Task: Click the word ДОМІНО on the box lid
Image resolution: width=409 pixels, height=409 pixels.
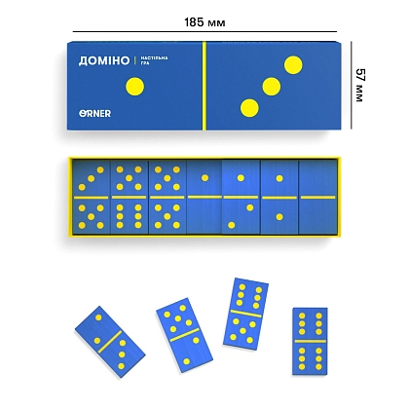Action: tap(104, 60)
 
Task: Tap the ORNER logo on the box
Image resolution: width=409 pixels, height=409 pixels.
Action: tap(94, 114)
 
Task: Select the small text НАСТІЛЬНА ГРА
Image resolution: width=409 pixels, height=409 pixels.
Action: tap(154, 60)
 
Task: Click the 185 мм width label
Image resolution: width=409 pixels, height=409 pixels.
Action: tap(204, 22)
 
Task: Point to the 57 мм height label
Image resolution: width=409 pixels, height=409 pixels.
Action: tap(359, 85)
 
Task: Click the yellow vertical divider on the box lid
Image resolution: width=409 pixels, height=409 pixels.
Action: tap(204, 86)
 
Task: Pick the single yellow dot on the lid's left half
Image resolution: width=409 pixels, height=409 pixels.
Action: tap(134, 87)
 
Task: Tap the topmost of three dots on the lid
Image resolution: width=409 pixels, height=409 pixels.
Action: tap(293, 65)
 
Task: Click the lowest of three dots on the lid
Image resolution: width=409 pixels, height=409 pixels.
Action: tap(249, 108)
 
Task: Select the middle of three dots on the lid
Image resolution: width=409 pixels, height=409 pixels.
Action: tap(272, 87)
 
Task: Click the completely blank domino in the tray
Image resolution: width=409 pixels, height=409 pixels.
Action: tap(317, 197)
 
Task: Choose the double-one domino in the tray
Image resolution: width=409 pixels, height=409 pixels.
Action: tap(279, 197)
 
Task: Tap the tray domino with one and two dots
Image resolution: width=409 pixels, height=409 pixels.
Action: tap(241, 197)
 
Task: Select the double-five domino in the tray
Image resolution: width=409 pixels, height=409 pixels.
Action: tap(167, 197)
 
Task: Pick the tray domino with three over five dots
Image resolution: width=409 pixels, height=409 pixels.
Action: tap(92, 197)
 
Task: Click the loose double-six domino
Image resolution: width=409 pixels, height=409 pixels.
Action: tap(310, 341)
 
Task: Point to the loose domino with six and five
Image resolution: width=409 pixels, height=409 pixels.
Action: tap(245, 314)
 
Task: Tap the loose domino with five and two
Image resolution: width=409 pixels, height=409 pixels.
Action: tap(184, 335)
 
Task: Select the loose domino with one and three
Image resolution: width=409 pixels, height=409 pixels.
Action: tap(110, 342)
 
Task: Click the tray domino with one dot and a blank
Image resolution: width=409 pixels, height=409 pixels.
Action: tap(204, 197)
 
